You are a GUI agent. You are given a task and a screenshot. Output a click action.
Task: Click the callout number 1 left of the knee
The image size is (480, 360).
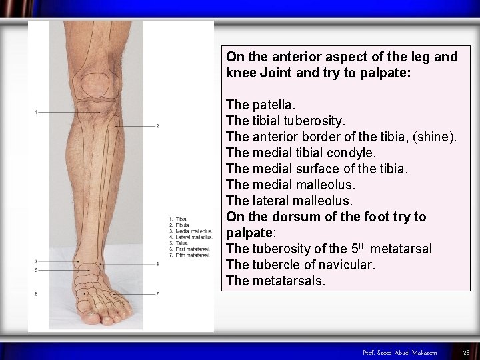pyautogui.click(x=36, y=112)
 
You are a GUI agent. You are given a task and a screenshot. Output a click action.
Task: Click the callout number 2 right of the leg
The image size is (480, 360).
pyautogui.click(x=157, y=125)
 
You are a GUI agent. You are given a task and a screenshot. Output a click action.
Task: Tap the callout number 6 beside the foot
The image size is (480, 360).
pyautogui.click(x=36, y=293)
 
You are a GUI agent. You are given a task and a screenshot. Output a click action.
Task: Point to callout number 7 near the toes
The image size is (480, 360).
pyautogui.click(x=157, y=293)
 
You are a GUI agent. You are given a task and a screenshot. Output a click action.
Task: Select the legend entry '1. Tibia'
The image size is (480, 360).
pyautogui.click(x=179, y=219)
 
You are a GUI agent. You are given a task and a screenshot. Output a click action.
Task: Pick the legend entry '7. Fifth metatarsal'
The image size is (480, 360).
pyautogui.click(x=190, y=255)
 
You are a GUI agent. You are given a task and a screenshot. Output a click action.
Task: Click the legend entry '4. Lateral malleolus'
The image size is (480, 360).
pyautogui.click(x=191, y=237)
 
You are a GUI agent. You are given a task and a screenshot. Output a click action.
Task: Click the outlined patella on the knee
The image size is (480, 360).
pyautogui.click(x=99, y=85)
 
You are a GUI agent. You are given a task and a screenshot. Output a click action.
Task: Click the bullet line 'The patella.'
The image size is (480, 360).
pyautogui.click(x=261, y=105)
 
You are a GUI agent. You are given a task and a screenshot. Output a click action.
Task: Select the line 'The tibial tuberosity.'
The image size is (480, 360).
pyautogui.click(x=286, y=121)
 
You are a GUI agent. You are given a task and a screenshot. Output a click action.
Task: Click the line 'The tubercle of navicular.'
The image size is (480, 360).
pyautogui.click(x=301, y=265)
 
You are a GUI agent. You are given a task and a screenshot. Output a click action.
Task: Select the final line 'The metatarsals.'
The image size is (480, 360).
pyautogui.click(x=276, y=281)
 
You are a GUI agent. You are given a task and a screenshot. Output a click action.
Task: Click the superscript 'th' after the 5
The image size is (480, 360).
pyautogui.click(x=361, y=245)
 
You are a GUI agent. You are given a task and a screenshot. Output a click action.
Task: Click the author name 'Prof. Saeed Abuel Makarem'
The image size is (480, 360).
pyautogui.click(x=399, y=352)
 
